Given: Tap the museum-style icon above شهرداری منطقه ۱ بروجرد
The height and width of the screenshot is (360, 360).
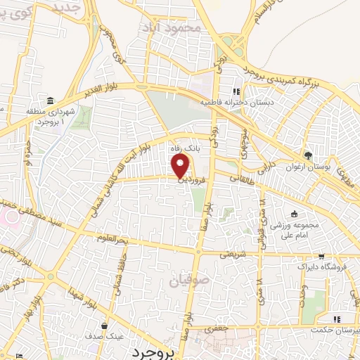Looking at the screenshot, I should pyautogui.click(x=49, y=100).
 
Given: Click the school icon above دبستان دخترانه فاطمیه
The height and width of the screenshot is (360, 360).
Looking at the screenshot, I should pyautogui.click(x=237, y=91).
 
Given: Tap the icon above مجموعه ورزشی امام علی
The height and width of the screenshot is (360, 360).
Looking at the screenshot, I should pyautogui.click(x=294, y=215).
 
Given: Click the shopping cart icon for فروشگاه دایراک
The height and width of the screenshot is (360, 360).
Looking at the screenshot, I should pyautogui.click(x=321, y=257).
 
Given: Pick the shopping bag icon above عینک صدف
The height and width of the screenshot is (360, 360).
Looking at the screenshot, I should pyautogui.click(x=104, y=326).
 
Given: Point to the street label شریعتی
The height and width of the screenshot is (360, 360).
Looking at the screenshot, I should pyautogui.click(x=235, y=255).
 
